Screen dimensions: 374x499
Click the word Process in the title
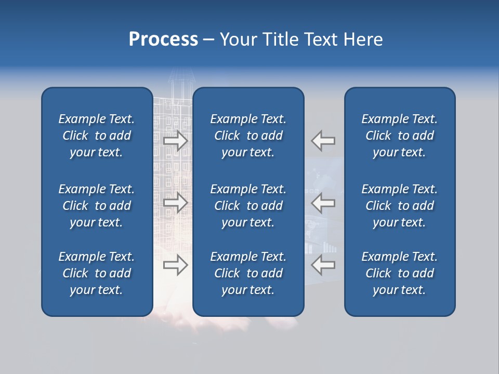(x=163, y=39)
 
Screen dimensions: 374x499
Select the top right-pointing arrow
(x=176, y=141)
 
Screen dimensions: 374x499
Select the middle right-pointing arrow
(x=176, y=203)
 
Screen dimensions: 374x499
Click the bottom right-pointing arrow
(x=176, y=265)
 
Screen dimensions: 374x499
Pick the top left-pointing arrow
(x=323, y=141)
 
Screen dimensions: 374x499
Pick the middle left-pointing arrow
(x=323, y=203)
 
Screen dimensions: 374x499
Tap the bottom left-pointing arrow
(x=323, y=265)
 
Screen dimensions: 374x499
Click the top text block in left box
(x=97, y=136)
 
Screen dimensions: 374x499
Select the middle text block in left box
(x=97, y=206)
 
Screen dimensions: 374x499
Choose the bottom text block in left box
(x=97, y=273)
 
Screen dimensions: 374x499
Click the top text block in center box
(x=248, y=136)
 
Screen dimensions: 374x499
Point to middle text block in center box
(x=248, y=206)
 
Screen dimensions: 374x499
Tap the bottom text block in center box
(x=248, y=273)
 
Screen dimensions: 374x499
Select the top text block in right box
(x=400, y=136)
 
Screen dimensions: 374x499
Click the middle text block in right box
(x=400, y=206)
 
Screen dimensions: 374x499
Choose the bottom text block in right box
(x=400, y=273)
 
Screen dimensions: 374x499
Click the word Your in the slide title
(x=237, y=39)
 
